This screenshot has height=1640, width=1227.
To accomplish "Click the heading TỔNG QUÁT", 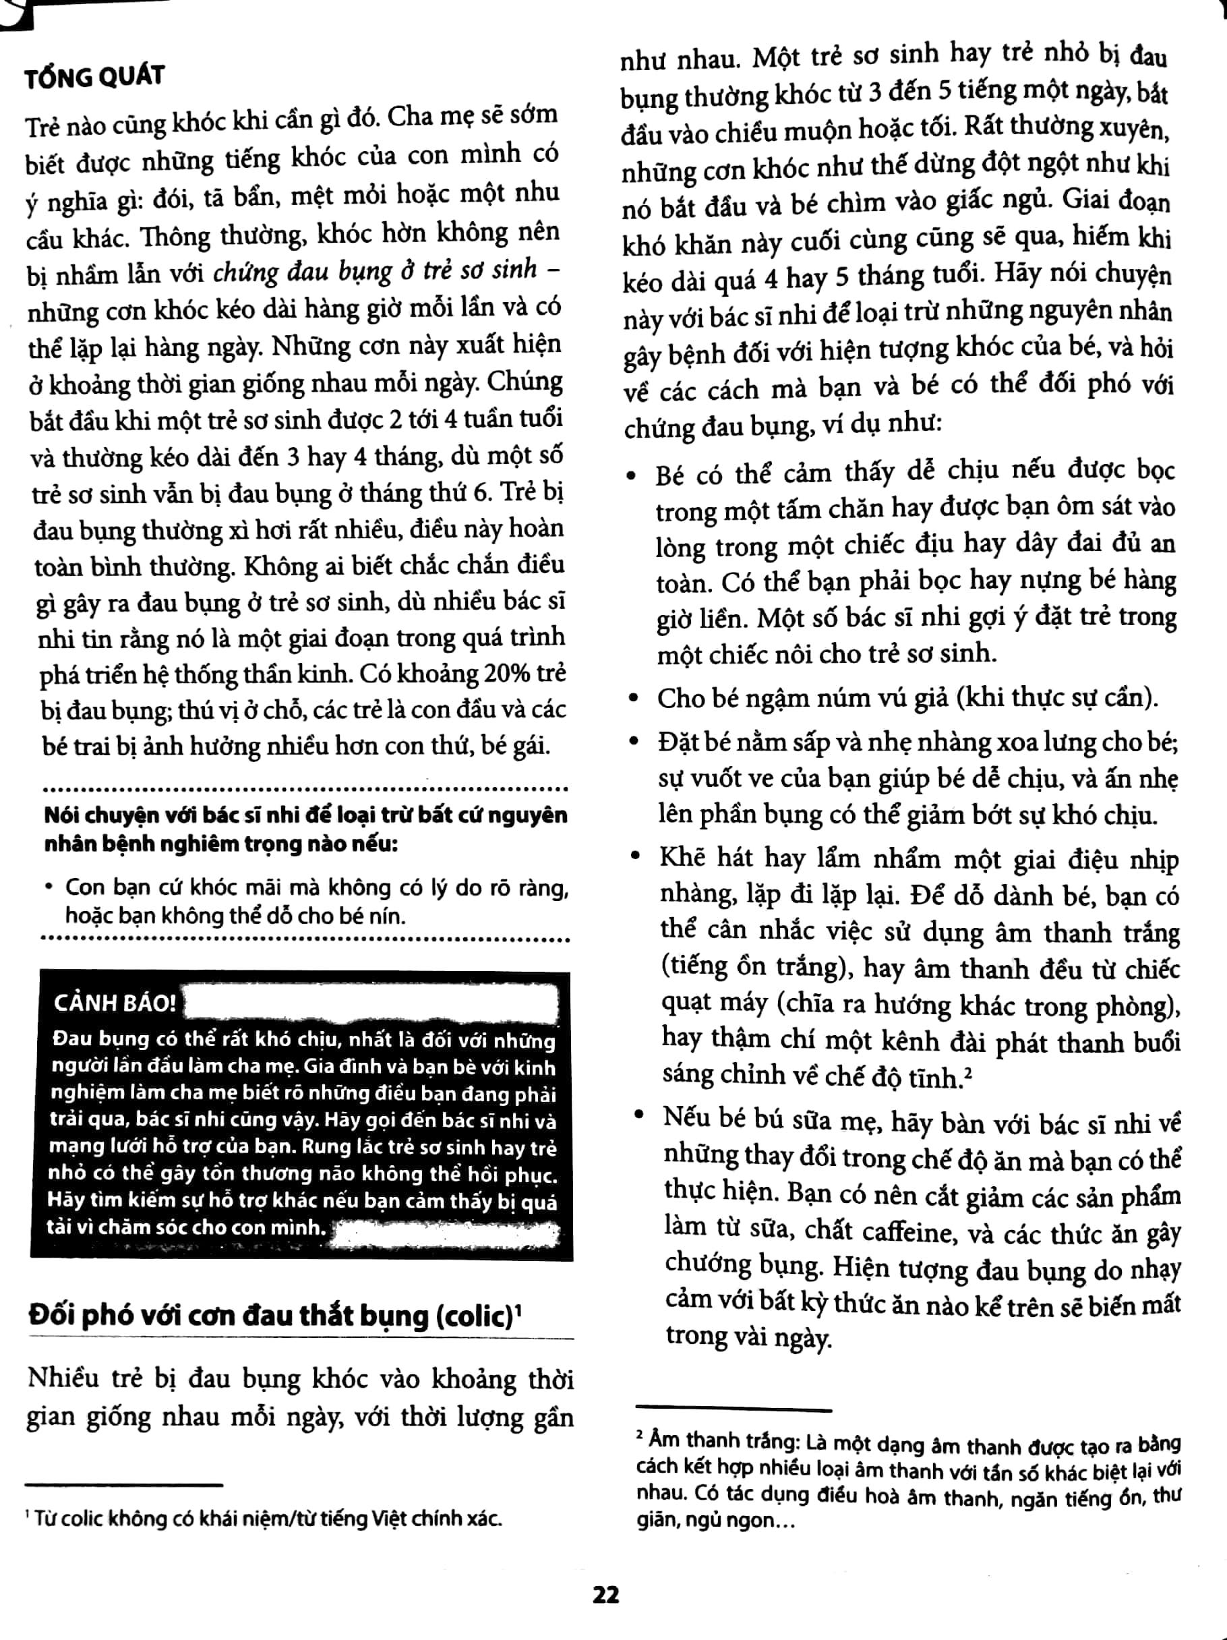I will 94,76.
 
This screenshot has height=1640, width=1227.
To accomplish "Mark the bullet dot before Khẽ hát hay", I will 634,856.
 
